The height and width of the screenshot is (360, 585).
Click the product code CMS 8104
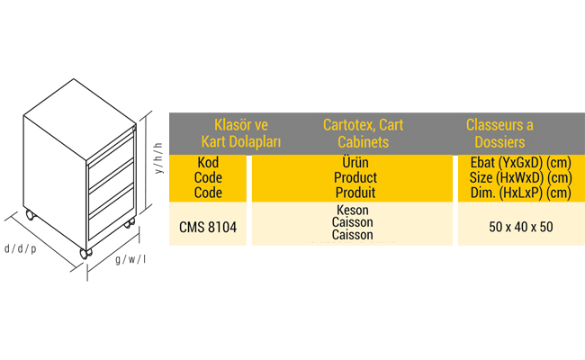click(208, 227)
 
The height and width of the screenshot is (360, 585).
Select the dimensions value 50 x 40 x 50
click(521, 227)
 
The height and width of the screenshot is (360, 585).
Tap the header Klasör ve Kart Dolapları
click(241, 133)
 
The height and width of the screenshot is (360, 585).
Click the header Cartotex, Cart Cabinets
click(363, 133)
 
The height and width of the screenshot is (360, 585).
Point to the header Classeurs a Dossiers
click(499, 133)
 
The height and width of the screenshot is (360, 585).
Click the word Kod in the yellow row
click(208, 163)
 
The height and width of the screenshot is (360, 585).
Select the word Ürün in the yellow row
click(355, 162)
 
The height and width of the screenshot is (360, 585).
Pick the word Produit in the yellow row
click(355, 193)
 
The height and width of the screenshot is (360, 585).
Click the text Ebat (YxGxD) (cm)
click(521, 163)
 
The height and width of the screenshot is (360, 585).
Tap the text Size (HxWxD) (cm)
click(521, 177)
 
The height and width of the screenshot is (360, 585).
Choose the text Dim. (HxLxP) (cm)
click(521, 193)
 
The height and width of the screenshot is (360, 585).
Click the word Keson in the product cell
click(353, 210)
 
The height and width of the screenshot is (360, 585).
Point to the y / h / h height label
click(159, 158)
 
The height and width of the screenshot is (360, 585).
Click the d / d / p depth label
click(21, 248)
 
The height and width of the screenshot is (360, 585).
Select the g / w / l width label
click(130, 259)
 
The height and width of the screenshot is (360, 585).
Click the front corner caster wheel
click(85, 254)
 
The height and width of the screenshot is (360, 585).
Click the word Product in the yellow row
click(355, 177)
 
